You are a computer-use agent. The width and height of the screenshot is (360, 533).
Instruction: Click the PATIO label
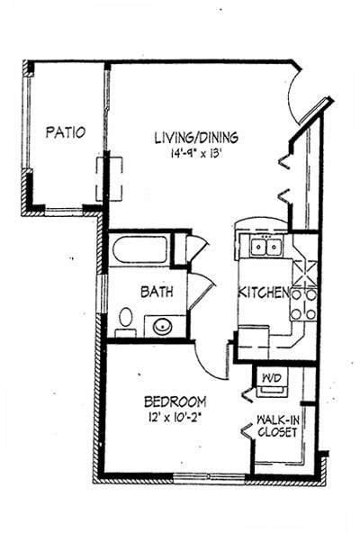66,132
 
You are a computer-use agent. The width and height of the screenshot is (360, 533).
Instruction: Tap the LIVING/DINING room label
196,138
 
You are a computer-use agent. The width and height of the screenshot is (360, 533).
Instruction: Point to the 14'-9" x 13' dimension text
196,154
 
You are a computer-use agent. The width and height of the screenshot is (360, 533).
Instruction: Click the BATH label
157,292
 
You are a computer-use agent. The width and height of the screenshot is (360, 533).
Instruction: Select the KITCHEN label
264,293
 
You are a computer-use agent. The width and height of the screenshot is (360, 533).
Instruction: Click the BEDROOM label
175,402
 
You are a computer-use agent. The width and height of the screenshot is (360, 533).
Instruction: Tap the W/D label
271,378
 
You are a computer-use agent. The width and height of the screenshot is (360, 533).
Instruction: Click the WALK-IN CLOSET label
278,426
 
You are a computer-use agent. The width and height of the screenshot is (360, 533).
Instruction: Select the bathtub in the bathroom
140,248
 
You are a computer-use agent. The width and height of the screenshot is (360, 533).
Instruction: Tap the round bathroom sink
163,327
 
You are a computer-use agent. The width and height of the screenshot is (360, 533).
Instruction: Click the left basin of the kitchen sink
258,247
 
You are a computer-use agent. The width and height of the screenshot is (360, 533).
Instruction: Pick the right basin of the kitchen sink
274,247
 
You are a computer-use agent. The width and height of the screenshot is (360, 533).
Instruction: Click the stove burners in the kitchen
303,304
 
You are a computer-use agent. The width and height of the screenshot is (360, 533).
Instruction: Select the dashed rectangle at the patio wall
109,179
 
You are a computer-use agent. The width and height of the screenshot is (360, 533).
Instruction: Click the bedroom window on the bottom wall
210,477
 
